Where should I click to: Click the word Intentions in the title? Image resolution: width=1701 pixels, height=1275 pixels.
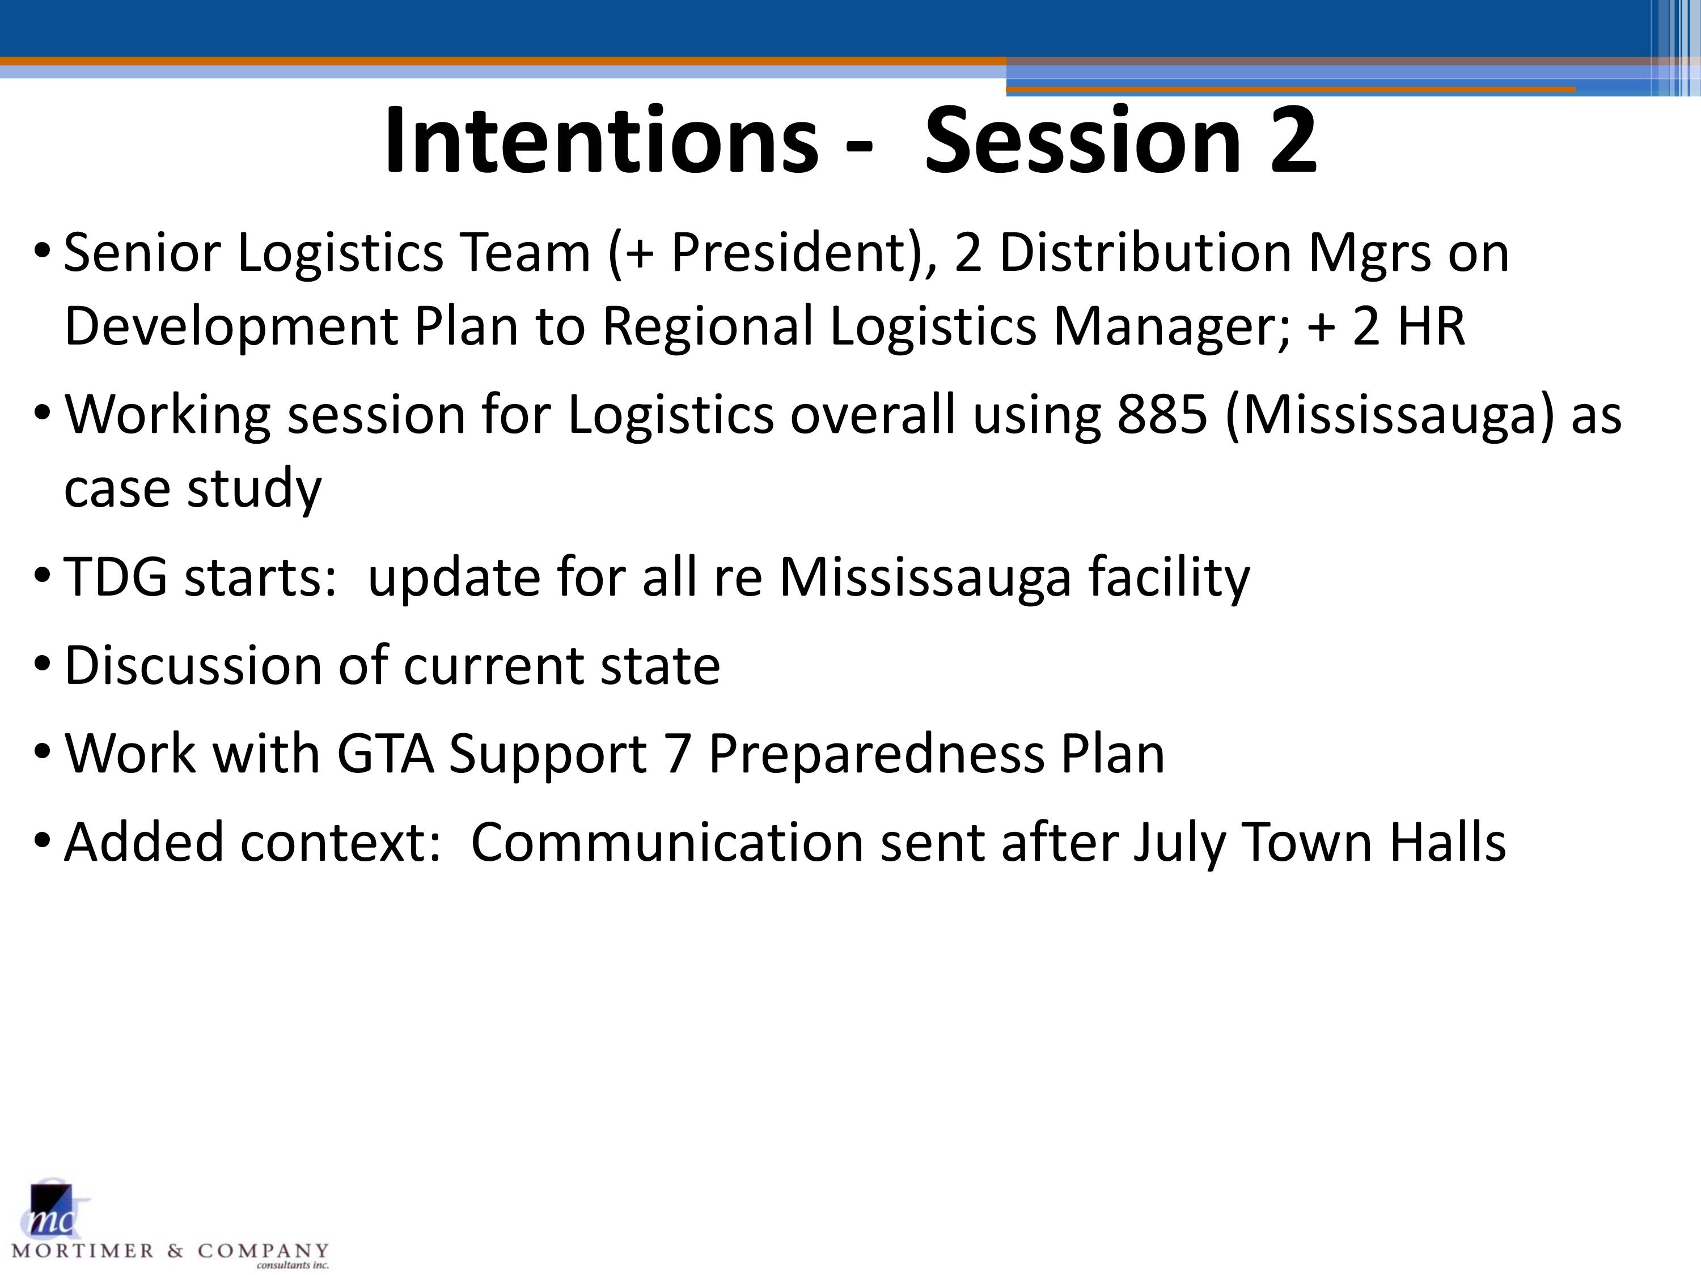pyautogui.click(x=602, y=141)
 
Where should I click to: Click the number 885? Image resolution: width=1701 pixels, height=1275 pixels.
pyautogui.click(x=1162, y=414)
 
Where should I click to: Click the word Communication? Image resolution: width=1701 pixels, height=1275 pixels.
pyautogui.click(x=667, y=841)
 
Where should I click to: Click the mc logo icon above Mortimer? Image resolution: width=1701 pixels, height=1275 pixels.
pyautogui.click(x=53, y=1210)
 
